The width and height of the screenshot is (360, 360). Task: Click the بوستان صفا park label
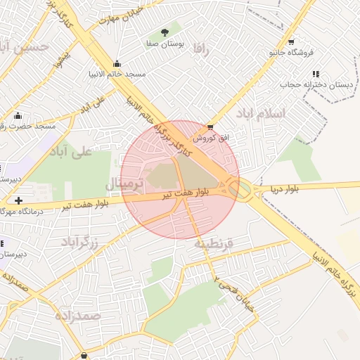165,44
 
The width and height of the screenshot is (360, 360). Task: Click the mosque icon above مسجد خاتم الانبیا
116,64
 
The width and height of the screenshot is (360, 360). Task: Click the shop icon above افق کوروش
210,127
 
